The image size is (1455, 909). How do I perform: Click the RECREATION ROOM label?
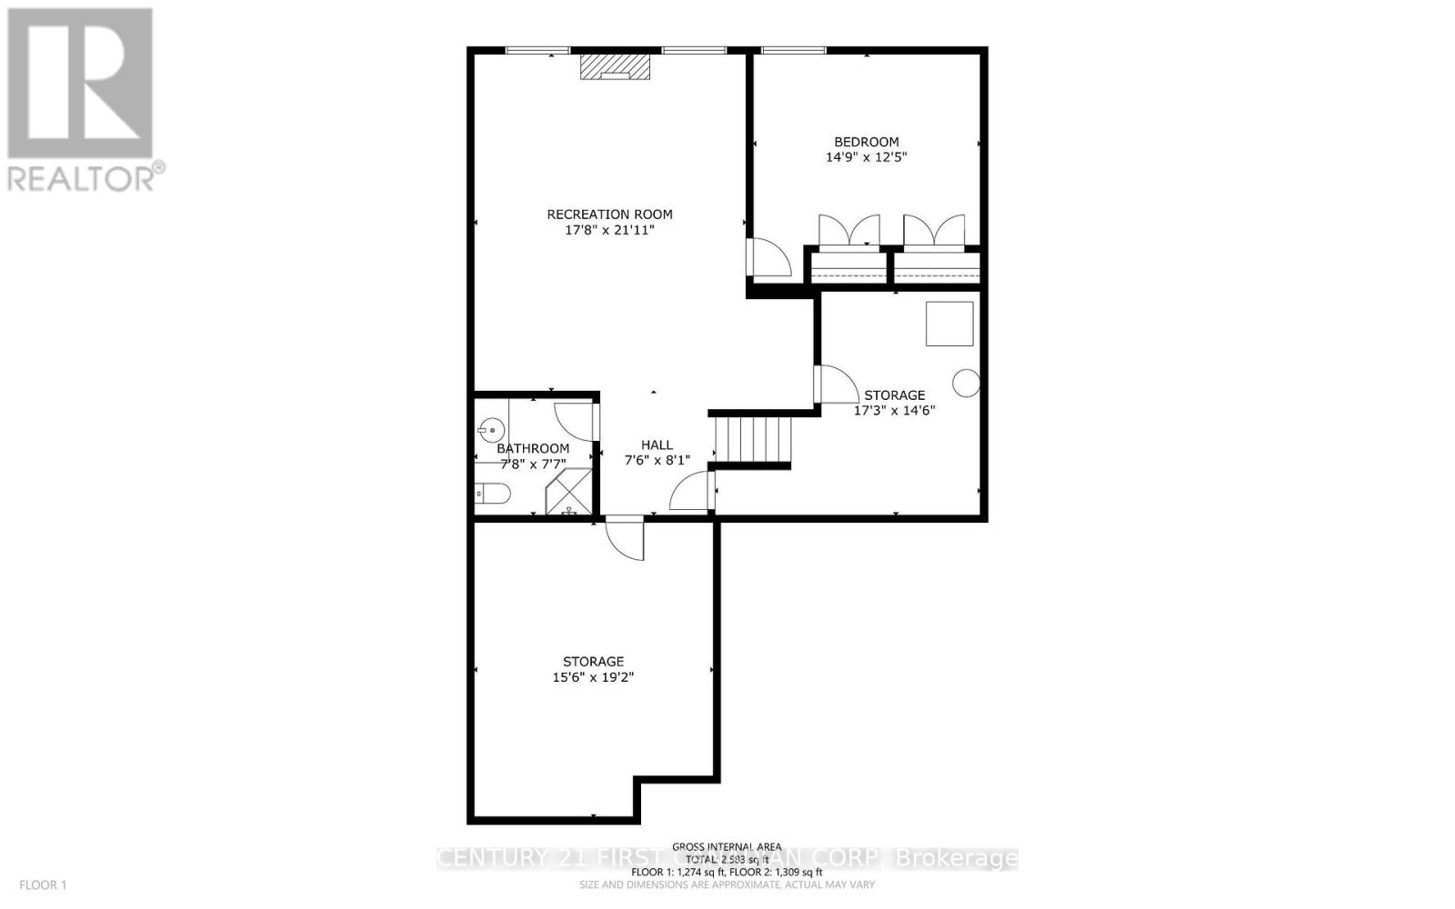(x=609, y=215)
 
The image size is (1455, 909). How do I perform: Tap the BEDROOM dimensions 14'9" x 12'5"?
(x=867, y=157)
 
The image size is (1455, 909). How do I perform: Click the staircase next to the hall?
(x=748, y=439)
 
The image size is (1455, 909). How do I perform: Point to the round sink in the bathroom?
(x=492, y=428)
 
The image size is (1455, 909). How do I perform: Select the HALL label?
(x=657, y=445)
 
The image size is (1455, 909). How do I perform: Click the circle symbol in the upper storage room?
(x=966, y=384)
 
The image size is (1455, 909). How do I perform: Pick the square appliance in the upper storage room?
(x=949, y=324)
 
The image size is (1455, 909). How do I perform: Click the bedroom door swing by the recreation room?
(x=765, y=257)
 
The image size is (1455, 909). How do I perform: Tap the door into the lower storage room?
(x=626, y=537)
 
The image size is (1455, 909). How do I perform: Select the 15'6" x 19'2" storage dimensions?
(x=593, y=677)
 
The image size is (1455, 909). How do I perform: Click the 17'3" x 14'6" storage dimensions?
(x=894, y=410)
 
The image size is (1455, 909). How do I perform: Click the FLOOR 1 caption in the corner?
(x=44, y=884)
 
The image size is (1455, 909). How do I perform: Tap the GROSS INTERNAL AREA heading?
(x=727, y=846)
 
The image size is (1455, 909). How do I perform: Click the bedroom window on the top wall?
(x=793, y=50)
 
